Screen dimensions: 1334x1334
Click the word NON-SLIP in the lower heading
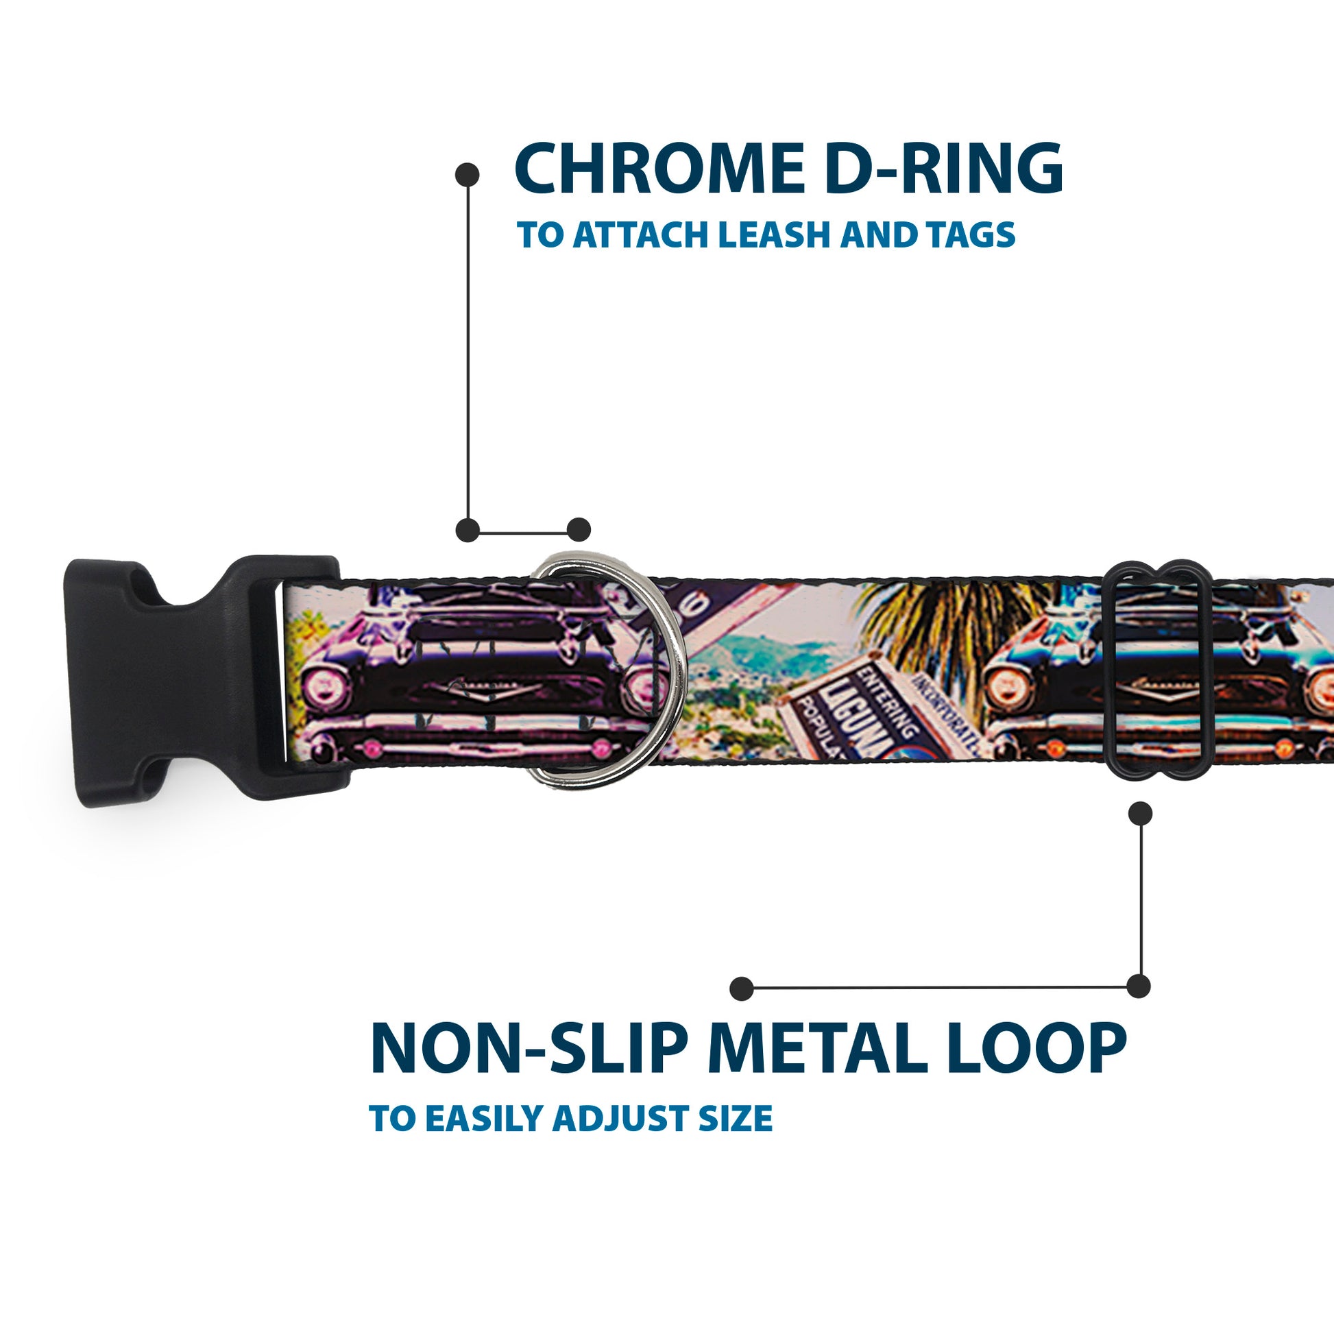[x=529, y=1050]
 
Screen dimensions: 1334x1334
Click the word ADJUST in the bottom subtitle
[x=618, y=1118]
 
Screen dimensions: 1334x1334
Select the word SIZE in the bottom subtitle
[x=735, y=1118]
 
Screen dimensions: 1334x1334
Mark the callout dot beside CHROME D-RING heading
[x=468, y=175]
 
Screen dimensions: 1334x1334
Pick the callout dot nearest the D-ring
[x=579, y=530]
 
